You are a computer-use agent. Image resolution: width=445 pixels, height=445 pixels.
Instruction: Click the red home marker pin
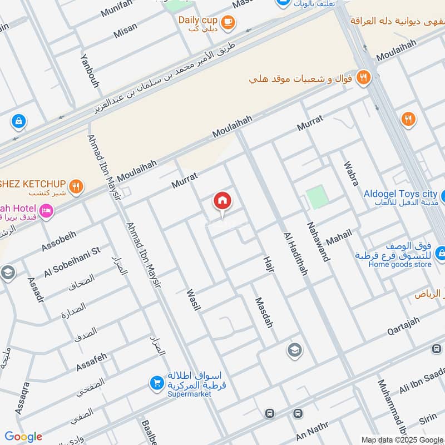[222, 202]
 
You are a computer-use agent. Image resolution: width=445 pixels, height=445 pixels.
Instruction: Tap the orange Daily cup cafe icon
[228, 22]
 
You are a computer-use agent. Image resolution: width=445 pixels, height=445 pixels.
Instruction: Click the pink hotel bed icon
[46, 211]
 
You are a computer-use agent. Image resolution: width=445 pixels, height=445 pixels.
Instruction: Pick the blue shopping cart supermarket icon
[157, 383]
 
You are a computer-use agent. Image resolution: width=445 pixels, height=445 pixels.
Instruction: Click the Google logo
[23, 437]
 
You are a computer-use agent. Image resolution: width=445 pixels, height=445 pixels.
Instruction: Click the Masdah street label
[263, 313]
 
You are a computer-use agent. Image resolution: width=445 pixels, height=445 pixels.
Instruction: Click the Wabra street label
[351, 174]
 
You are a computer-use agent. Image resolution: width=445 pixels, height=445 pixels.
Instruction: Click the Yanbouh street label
[90, 71]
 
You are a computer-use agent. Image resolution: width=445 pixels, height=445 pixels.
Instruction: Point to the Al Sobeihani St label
[72, 262]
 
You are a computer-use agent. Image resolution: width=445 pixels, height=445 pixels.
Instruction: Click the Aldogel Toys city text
[400, 194]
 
